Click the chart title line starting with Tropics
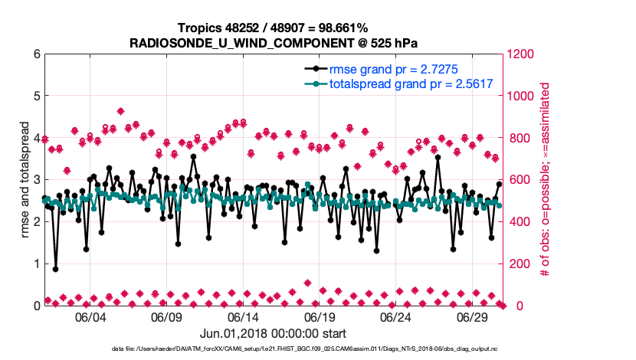tap(272, 28)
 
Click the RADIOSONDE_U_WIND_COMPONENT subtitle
tap(272, 42)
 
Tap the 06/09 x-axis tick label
tap(166, 317)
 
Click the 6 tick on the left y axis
tap(35, 54)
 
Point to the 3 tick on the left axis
tap(35, 180)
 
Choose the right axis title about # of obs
tap(546, 180)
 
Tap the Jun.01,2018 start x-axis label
tap(272, 334)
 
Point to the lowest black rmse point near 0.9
tap(55, 269)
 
